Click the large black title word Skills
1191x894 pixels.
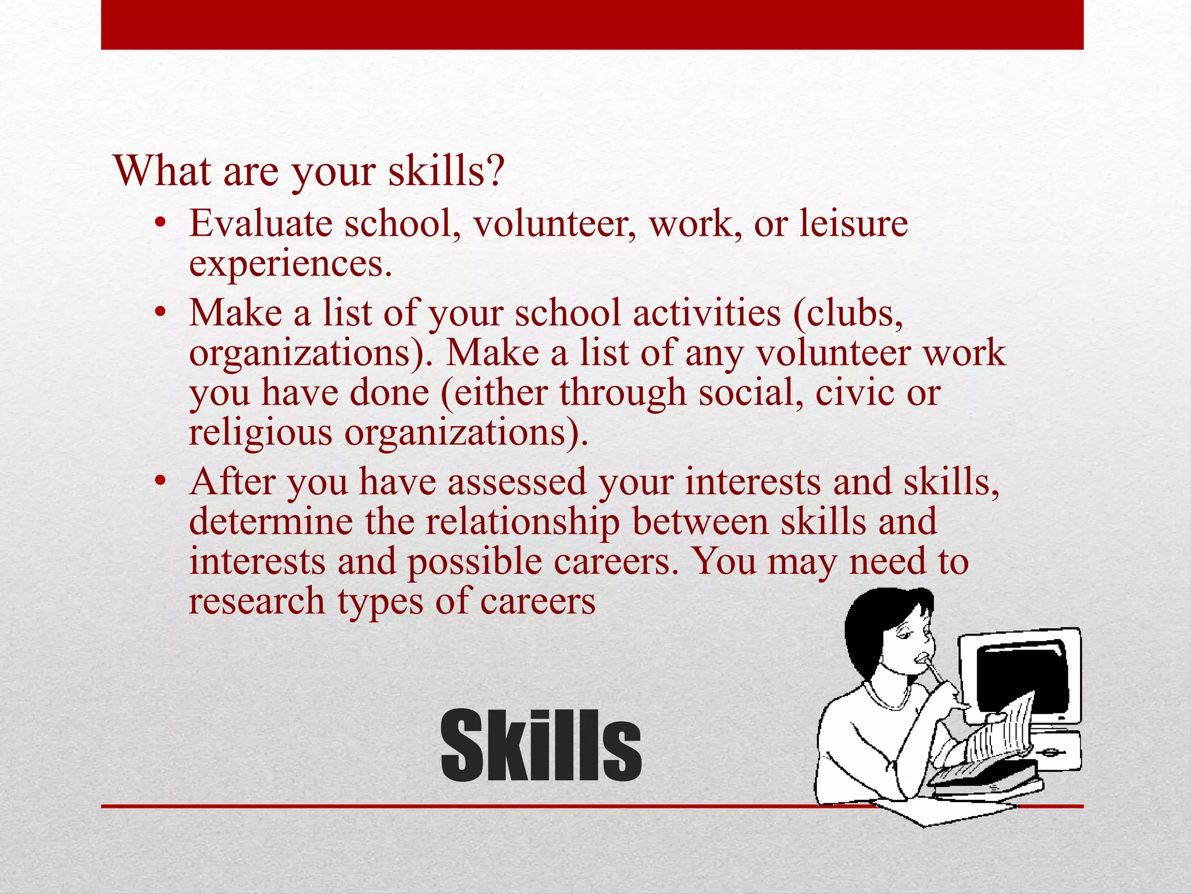pos(541,746)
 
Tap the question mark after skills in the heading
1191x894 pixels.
pos(494,171)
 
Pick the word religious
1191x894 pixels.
pos(261,434)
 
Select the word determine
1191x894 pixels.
pos(271,522)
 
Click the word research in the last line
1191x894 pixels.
pos(256,601)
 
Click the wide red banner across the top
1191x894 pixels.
pos(592,24)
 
